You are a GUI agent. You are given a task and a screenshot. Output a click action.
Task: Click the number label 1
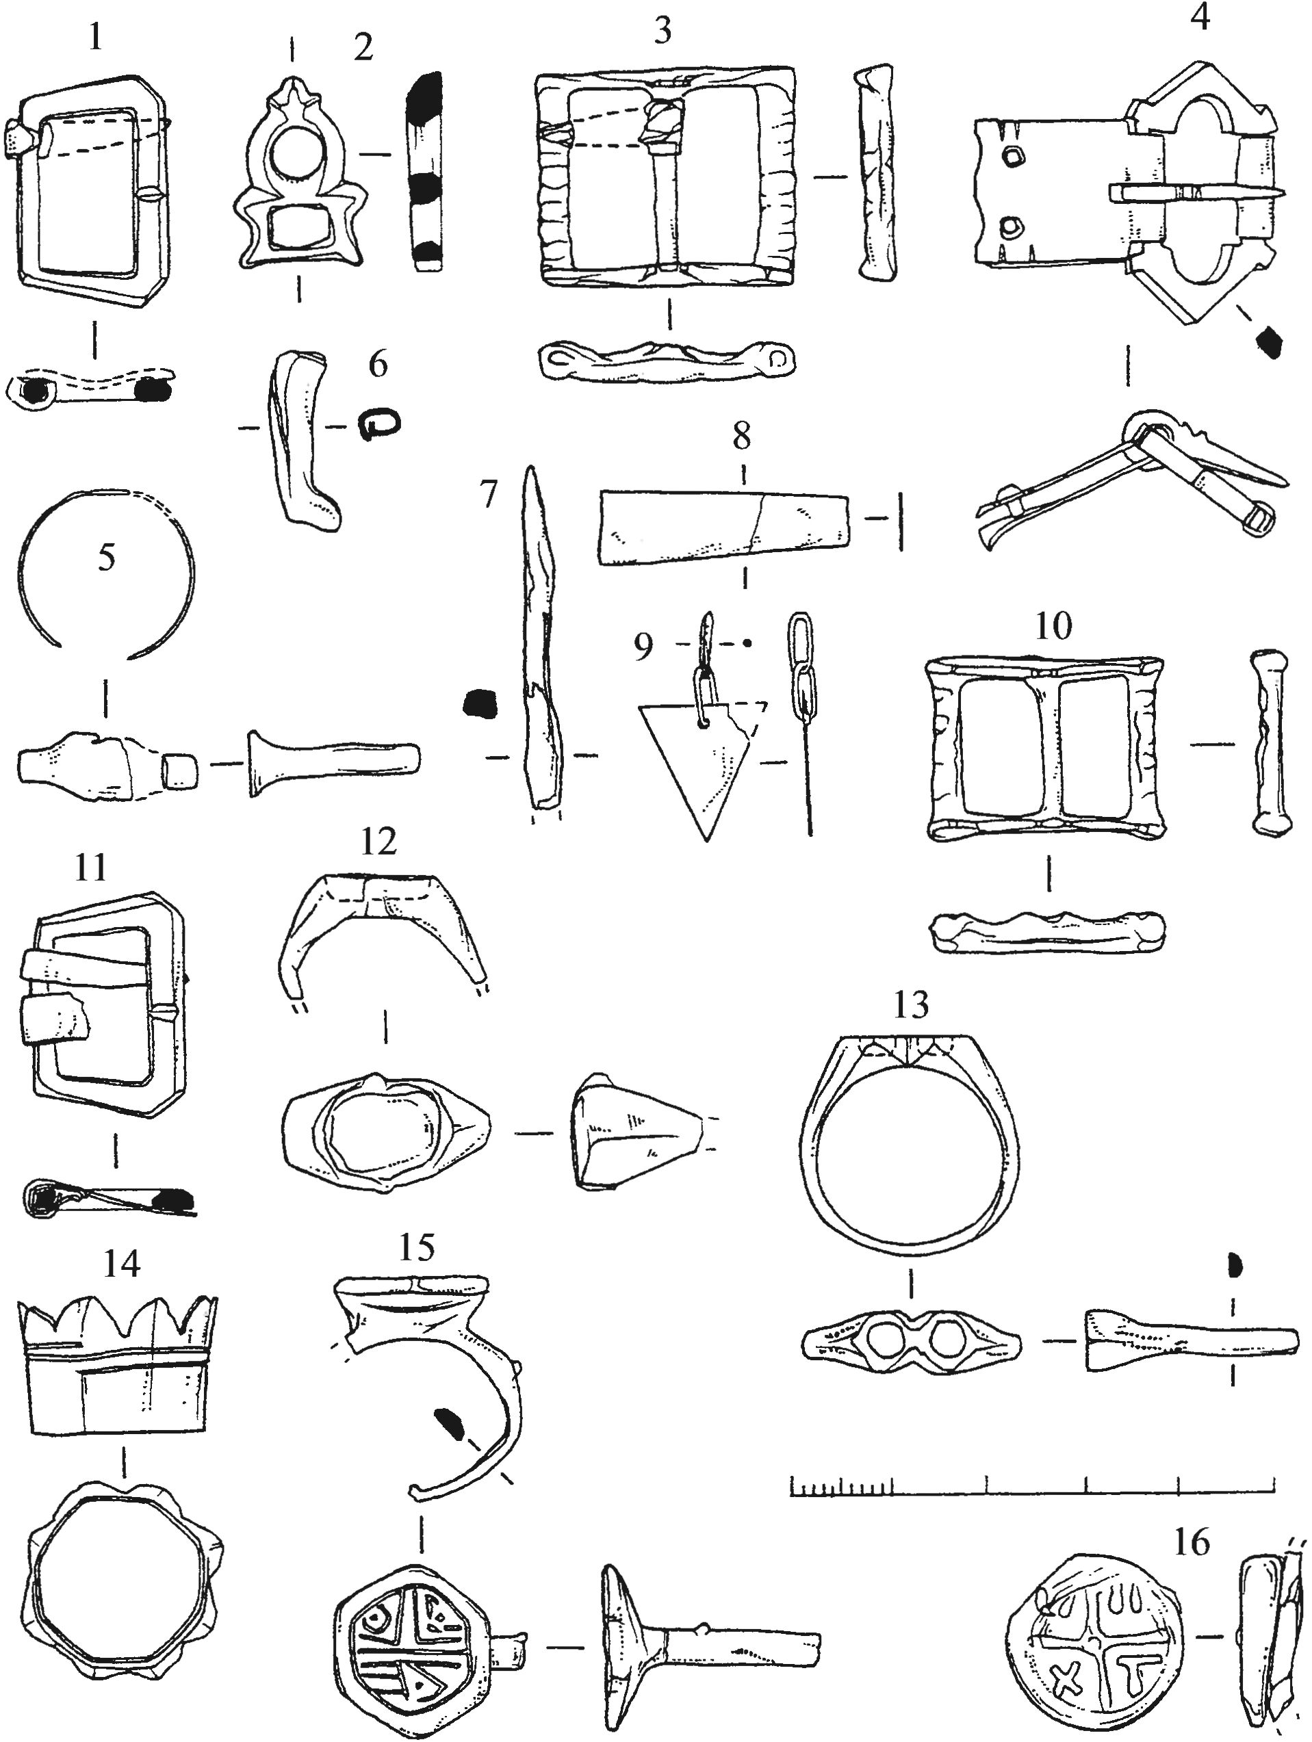tap(95, 38)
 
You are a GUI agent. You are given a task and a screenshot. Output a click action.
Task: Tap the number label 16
tap(1191, 1541)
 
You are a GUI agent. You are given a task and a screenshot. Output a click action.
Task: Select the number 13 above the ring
tap(911, 1005)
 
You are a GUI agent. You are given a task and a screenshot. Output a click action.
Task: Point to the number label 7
tap(489, 495)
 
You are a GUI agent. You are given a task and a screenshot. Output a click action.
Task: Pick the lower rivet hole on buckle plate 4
tap(1009, 229)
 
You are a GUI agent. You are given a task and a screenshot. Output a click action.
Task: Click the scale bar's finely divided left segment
tap(841, 1486)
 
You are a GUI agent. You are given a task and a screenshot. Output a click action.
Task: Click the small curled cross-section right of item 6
tap(381, 426)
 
